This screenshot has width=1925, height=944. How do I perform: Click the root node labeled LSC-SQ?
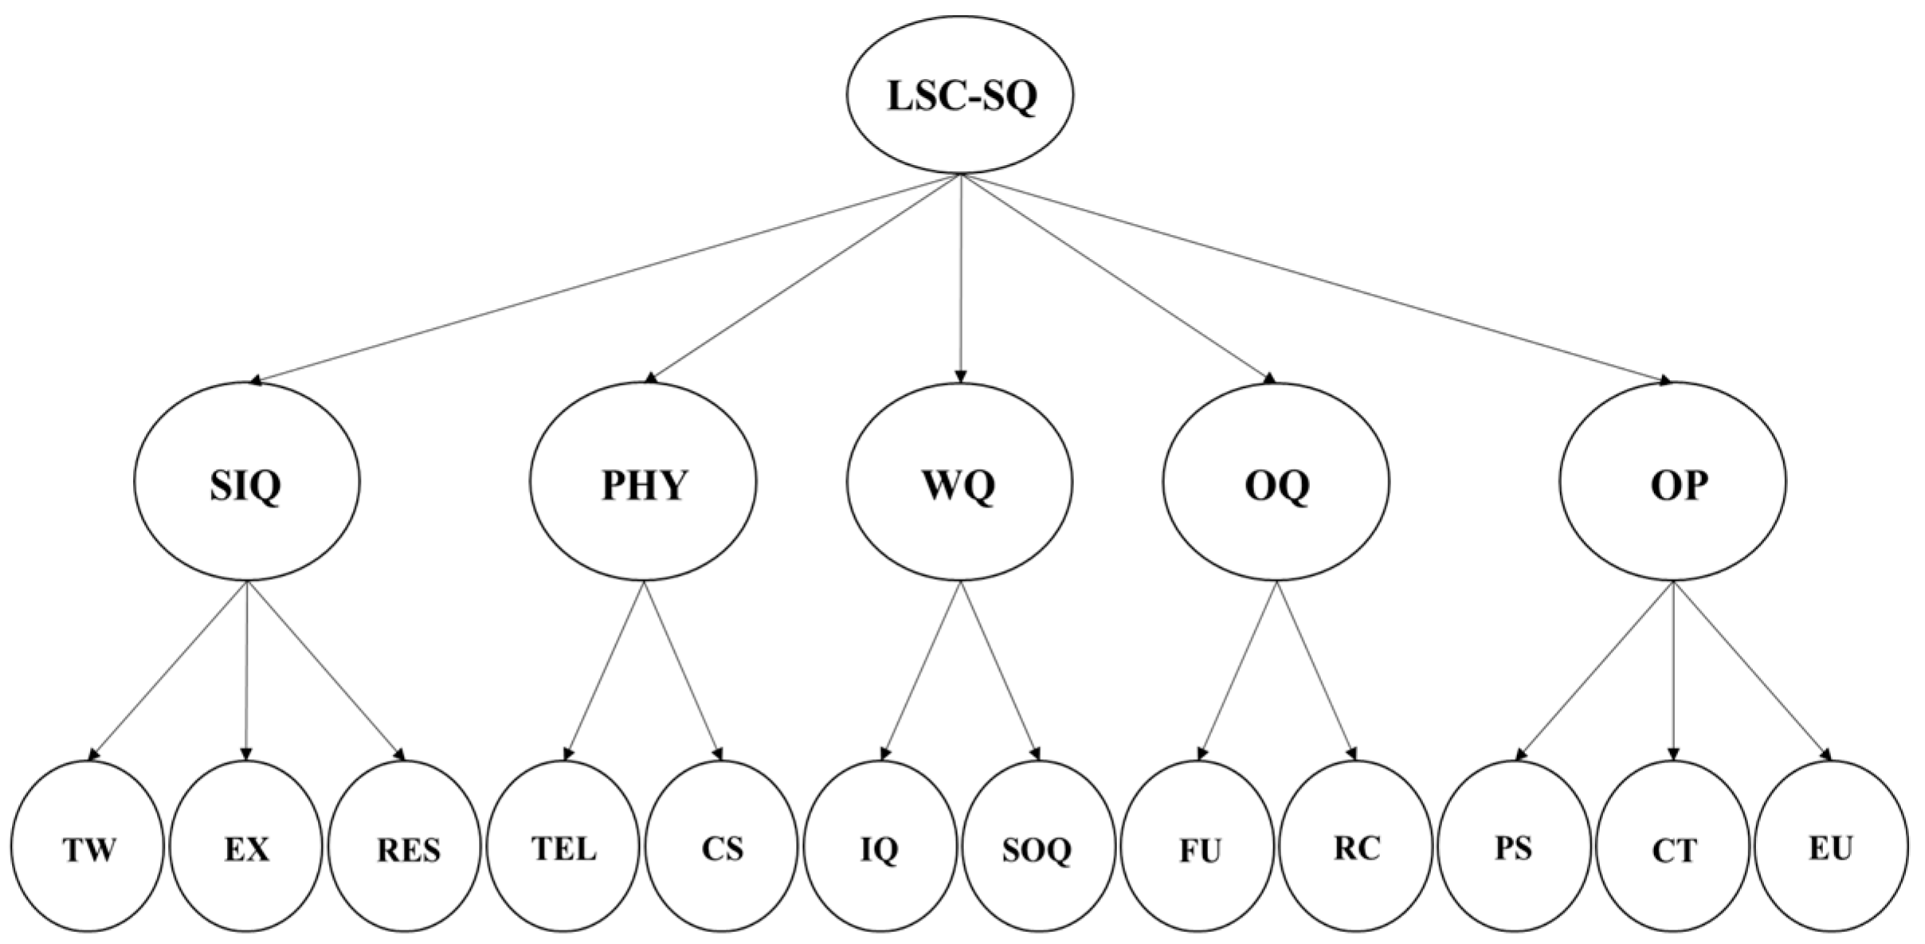(x=960, y=95)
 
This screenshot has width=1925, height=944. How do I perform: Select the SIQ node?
(x=246, y=483)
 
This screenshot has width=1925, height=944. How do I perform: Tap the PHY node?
(x=643, y=483)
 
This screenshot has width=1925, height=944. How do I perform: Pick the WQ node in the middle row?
(x=960, y=483)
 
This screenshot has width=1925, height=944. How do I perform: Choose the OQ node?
(x=1276, y=483)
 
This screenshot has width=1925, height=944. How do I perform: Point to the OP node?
(x=1673, y=483)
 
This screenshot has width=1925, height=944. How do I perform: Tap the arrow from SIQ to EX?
(x=247, y=669)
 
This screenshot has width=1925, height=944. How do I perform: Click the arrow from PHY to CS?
(x=683, y=669)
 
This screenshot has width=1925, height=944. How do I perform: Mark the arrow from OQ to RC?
(x=1315, y=669)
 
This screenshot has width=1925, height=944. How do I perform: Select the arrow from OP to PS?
(x=1596, y=669)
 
